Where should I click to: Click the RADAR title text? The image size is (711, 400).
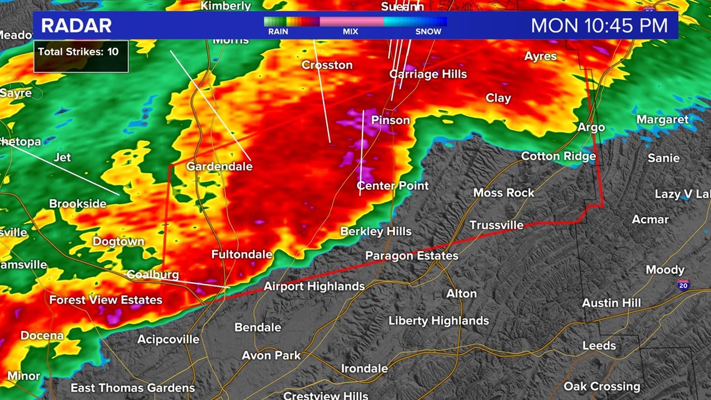click(x=76, y=26)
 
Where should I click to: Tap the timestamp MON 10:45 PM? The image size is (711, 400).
click(x=599, y=26)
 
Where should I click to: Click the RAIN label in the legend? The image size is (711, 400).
click(x=278, y=31)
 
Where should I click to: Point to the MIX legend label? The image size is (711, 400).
click(x=351, y=31)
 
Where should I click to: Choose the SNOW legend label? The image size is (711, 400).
click(x=428, y=31)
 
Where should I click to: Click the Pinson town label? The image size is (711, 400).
click(x=390, y=120)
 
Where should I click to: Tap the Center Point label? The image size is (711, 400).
click(x=392, y=185)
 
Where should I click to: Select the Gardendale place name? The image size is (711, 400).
click(x=220, y=167)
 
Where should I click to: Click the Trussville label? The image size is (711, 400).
click(x=496, y=225)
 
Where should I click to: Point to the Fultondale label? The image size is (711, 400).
click(x=241, y=255)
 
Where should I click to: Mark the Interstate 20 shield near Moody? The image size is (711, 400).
click(x=683, y=285)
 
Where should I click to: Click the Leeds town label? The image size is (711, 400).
click(x=599, y=346)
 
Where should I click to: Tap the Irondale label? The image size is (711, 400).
click(x=364, y=368)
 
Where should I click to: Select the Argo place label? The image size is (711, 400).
click(x=591, y=127)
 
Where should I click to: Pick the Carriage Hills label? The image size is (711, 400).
click(x=428, y=74)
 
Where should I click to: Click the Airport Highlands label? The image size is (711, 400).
click(x=314, y=286)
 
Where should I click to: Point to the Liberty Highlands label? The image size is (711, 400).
click(x=438, y=321)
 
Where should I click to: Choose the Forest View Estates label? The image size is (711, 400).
click(x=105, y=300)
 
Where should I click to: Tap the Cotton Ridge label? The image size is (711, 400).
click(x=558, y=156)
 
